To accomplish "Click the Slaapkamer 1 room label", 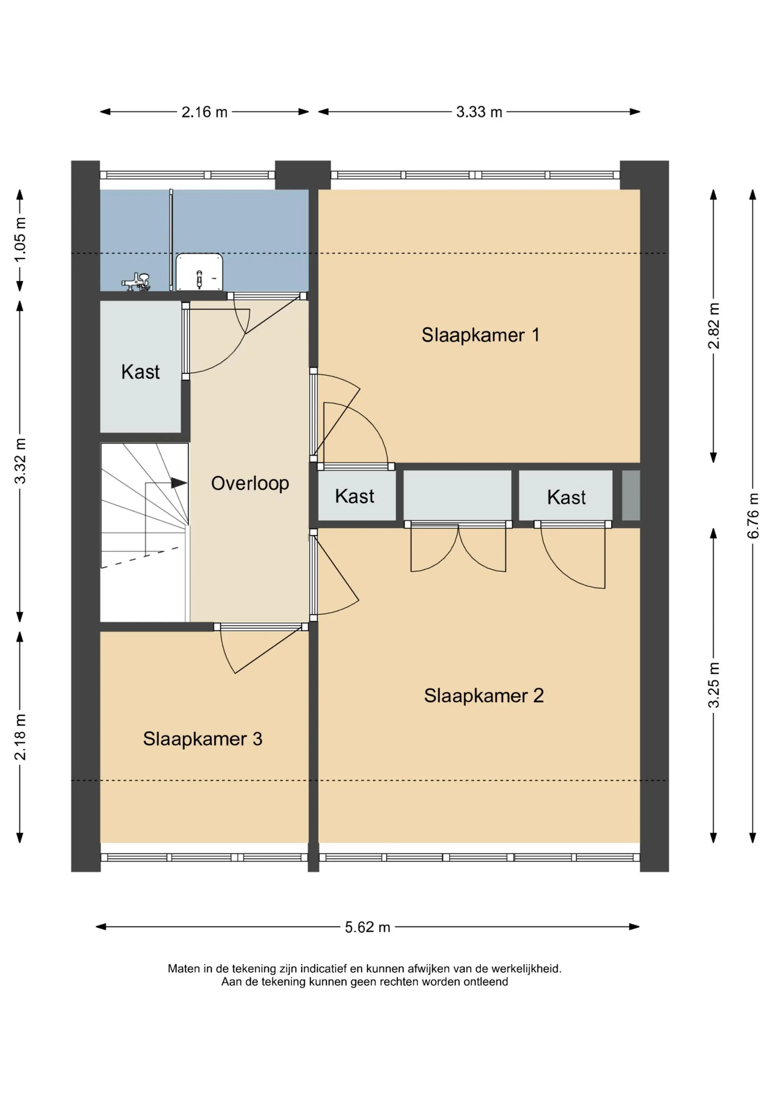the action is (x=481, y=335).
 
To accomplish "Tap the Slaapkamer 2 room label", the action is (x=484, y=696).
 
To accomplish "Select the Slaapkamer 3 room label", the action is (x=203, y=739).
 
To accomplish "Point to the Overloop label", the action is (x=250, y=484).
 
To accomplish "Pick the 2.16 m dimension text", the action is (x=204, y=112).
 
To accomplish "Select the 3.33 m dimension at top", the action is (x=479, y=112).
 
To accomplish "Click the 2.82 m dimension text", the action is (x=714, y=326).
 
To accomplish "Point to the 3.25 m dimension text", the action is (x=714, y=685).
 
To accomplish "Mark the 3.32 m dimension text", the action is (x=20, y=461).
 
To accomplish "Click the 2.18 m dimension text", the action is (x=20, y=737).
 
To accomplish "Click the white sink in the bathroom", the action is (x=200, y=272).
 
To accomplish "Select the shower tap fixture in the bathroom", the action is (x=136, y=282).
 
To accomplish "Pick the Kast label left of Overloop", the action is (x=141, y=372).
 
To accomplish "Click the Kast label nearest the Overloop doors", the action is (x=355, y=496).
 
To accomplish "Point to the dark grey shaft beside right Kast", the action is (x=631, y=496).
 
